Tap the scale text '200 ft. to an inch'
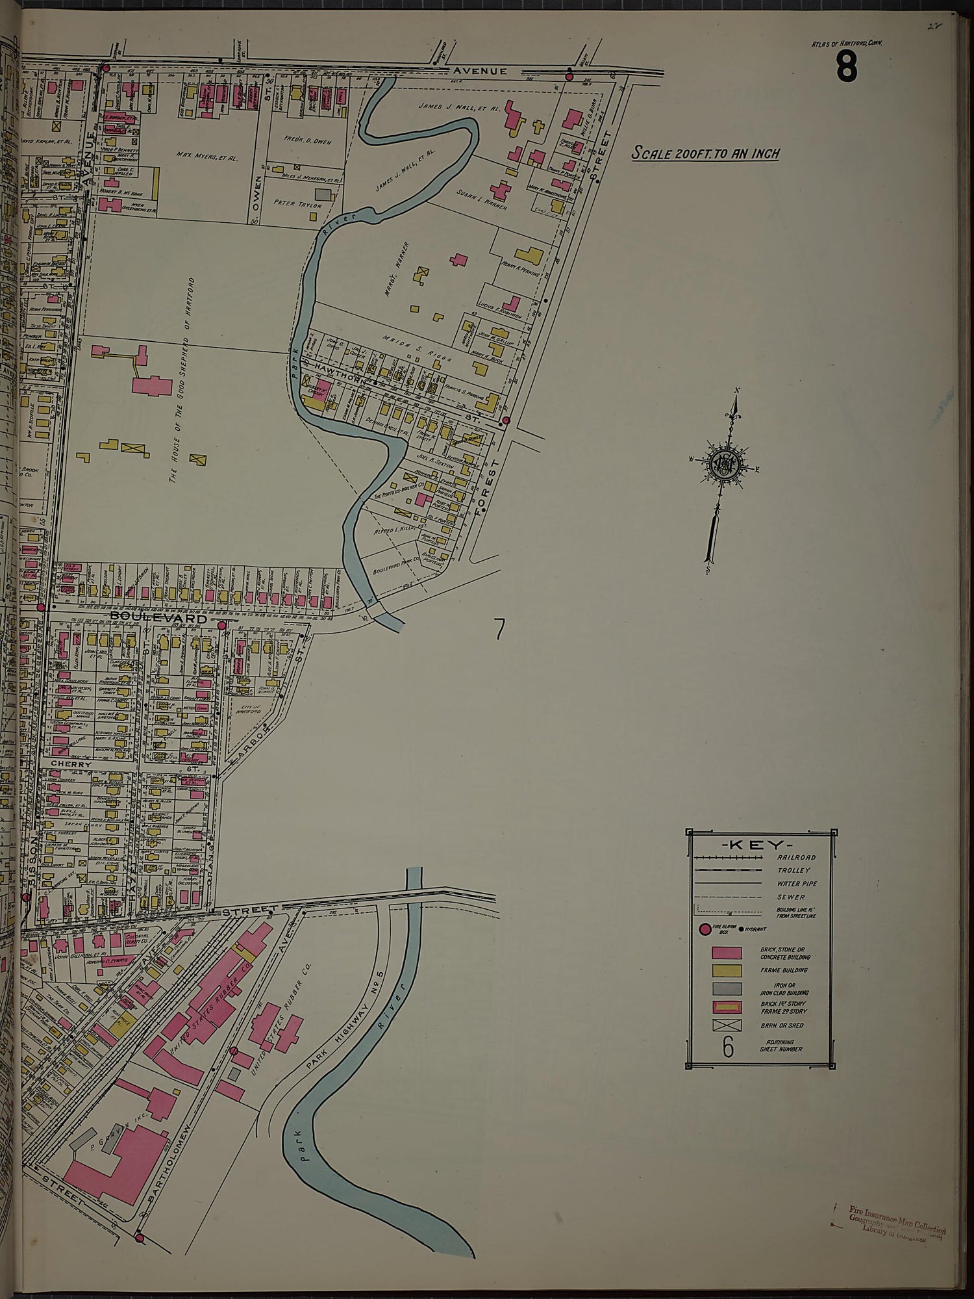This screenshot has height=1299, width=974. [706, 154]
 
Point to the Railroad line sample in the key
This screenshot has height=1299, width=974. [728, 858]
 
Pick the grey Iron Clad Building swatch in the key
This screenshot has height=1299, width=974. [727, 988]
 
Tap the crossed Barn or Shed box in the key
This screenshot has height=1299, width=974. [727, 1026]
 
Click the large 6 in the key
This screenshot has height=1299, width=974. [727, 1047]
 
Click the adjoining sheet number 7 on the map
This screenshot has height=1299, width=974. [499, 629]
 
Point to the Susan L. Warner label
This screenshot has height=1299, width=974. [481, 201]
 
